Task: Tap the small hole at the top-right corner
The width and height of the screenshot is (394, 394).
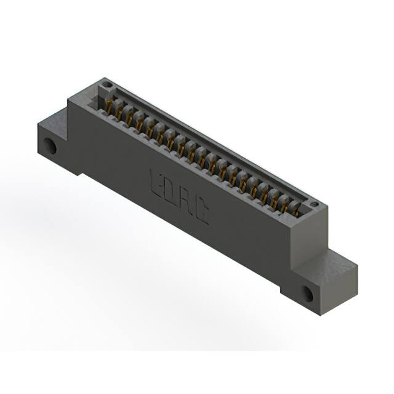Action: pyautogui.click(x=313, y=204)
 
